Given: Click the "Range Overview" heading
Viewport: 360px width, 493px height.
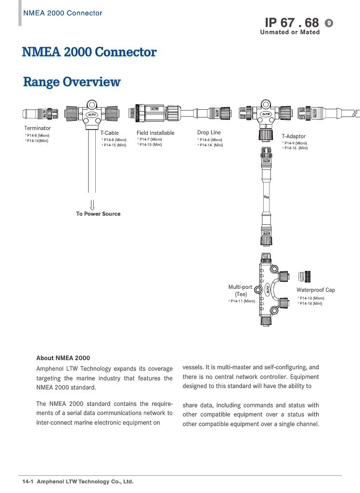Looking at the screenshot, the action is coord(72,82).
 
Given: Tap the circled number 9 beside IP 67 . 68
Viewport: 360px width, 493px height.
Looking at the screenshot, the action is coord(329,23).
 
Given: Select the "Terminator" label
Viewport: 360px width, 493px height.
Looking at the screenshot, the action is coord(38,128).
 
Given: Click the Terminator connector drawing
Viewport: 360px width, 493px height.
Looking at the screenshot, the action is coord(40,114).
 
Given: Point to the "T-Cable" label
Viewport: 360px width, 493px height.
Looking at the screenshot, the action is coord(109,133).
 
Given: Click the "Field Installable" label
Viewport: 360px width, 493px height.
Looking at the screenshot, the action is coord(155,133).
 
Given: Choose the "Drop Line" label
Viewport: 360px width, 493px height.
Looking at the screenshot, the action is coord(209,132).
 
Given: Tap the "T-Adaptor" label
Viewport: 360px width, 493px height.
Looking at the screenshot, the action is coord(294,136).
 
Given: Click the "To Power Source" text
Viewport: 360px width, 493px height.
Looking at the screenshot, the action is coord(98,214).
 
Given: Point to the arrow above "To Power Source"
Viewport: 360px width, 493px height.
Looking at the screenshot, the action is coord(92,205).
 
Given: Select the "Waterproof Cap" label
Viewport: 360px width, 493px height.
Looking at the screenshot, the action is coord(316,290).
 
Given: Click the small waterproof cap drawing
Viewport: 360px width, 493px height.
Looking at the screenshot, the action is coord(304,277).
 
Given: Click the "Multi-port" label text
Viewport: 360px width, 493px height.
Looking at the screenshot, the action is coord(240,287).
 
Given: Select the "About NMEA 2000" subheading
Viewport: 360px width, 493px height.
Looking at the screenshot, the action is coord(63,358).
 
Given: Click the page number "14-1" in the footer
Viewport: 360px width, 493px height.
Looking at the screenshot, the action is coord(27,481).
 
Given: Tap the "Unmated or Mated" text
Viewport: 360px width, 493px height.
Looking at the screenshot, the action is coord(290,32).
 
